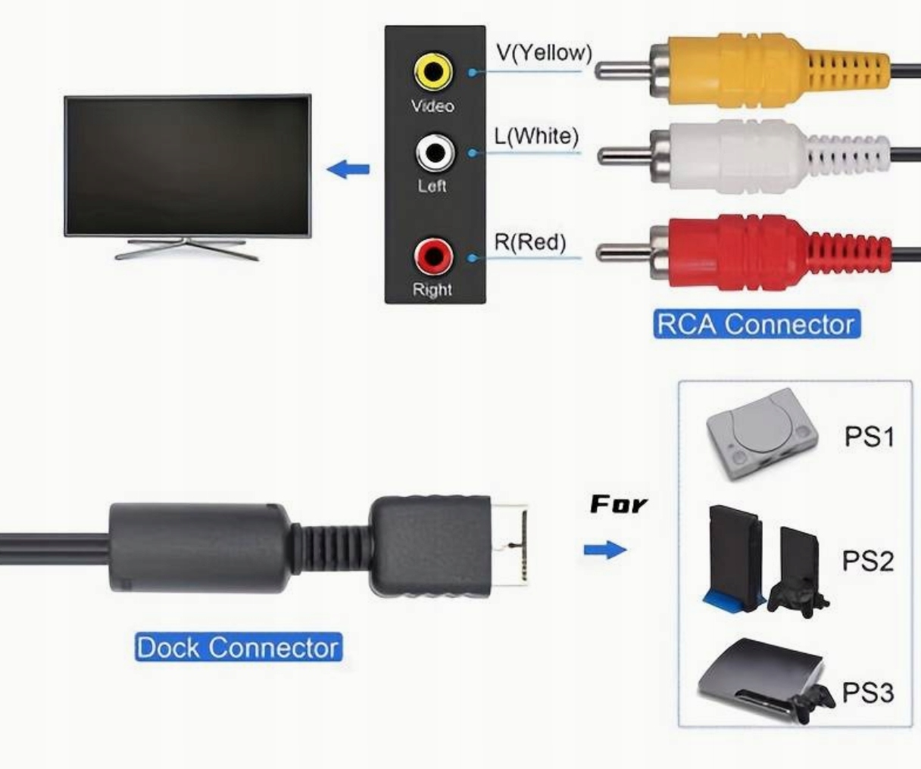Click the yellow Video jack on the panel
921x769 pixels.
coord(433,73)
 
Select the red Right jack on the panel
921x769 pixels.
coord(432,257)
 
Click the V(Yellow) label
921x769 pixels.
coord(544,53)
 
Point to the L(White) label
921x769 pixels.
coord(536,136)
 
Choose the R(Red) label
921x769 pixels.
coord(530,242)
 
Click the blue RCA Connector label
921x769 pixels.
coord(756,324)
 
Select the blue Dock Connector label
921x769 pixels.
coord(238,648)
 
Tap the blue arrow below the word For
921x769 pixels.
coord(605,550)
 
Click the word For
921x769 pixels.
coord(619,504)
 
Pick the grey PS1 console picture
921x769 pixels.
coord(761,435)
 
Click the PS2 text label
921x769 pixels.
coord(868,561)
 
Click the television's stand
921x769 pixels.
coord(186,248)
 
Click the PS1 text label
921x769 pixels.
coord(869,437)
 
